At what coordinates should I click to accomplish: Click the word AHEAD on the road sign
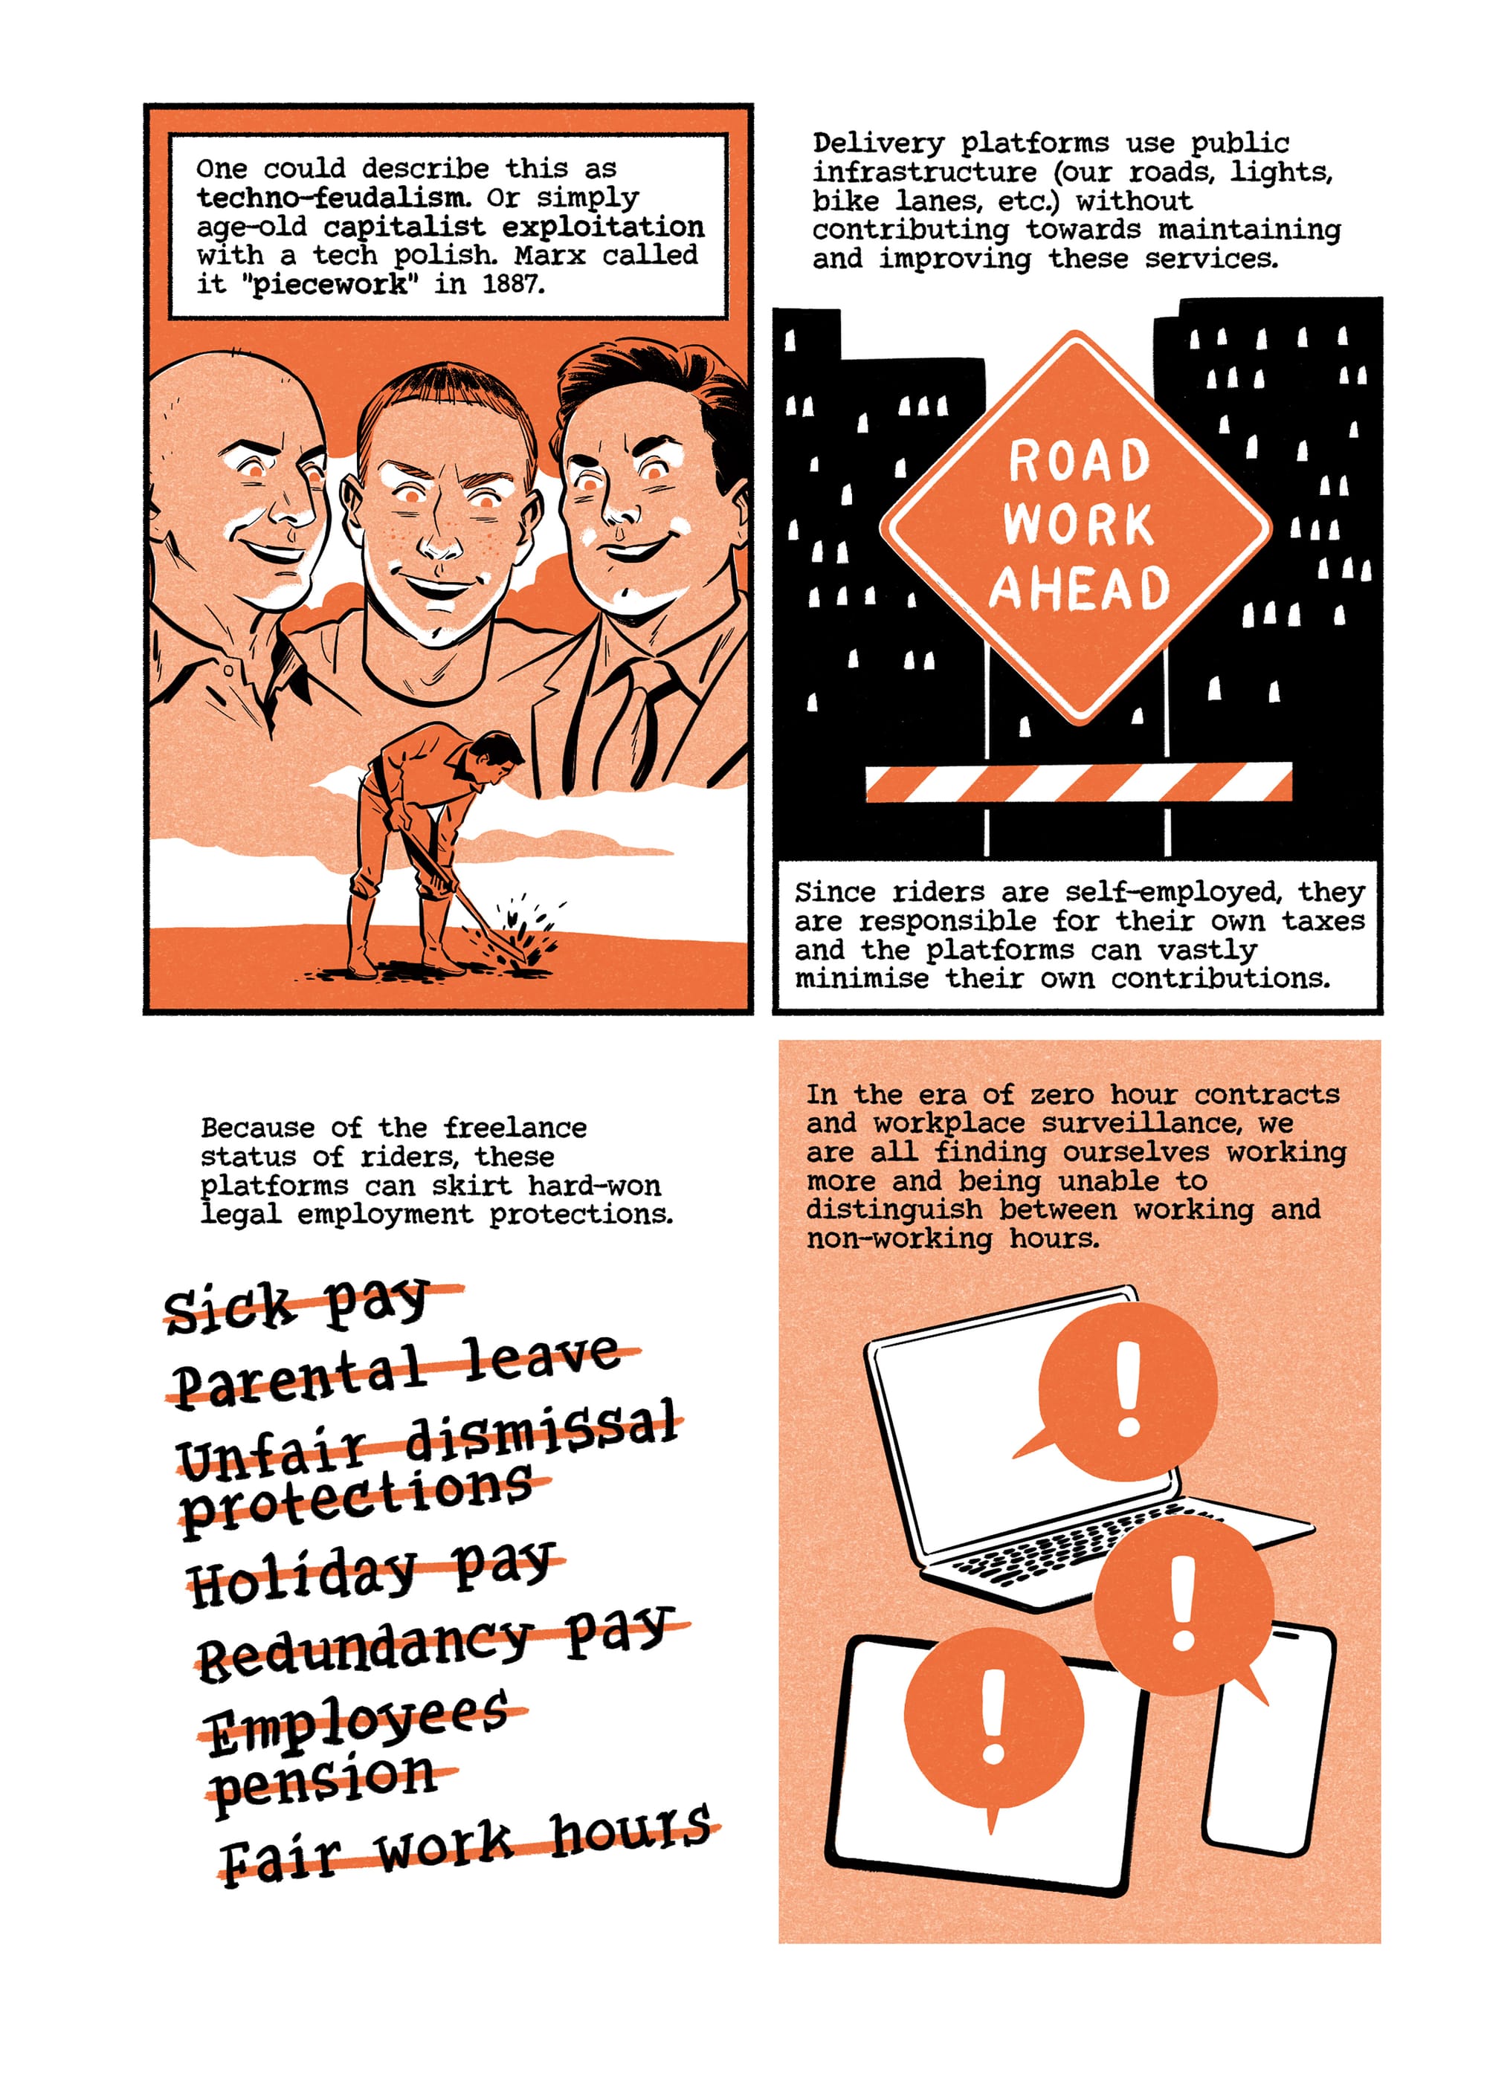[1080, 588]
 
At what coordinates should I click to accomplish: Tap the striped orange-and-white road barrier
[1079, 782]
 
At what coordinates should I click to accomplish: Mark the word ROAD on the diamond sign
[1079, 461]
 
